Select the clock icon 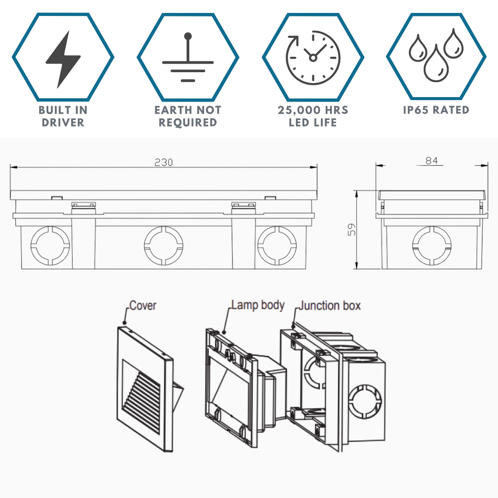312,57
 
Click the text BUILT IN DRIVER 63,116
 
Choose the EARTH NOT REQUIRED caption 188,116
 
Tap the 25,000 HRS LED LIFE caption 313,116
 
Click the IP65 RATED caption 436,110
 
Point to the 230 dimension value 163,162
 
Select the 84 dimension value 431,160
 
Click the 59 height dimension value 352,230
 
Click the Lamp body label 257,305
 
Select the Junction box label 329,305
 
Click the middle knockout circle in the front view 163,246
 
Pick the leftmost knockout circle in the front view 50,246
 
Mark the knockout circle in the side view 431,246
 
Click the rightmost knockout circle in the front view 277,246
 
